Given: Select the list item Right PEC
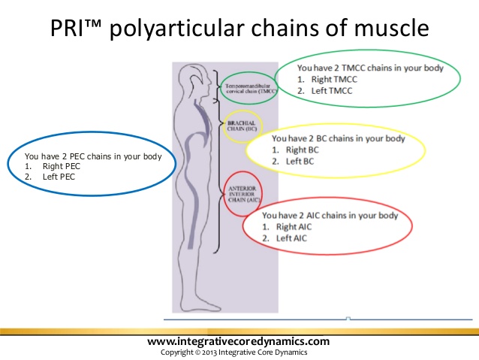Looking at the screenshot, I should [x=62, y=166].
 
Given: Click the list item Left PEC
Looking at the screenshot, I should [x=59, y=177].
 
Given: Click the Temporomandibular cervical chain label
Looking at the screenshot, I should [x=250, y=91].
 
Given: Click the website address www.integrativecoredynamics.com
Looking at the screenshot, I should [x=239, y=342].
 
